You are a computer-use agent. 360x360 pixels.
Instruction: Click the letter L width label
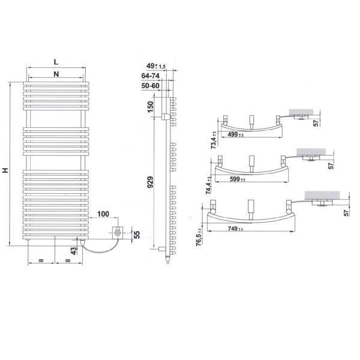point(56,62)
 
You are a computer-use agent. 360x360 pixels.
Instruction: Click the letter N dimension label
point(56,74)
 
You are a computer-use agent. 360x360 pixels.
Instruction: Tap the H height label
point(5,170)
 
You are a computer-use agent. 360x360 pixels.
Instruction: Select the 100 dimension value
point(103,214)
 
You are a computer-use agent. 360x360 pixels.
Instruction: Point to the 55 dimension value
point(137,235)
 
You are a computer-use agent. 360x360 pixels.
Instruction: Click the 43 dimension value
point(73,251)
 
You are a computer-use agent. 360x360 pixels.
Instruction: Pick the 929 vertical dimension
point(150,182)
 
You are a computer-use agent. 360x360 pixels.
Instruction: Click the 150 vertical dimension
point(150,107)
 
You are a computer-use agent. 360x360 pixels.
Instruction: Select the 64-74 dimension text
point(151,76)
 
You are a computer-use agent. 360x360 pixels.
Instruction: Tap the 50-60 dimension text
point(151,86)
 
